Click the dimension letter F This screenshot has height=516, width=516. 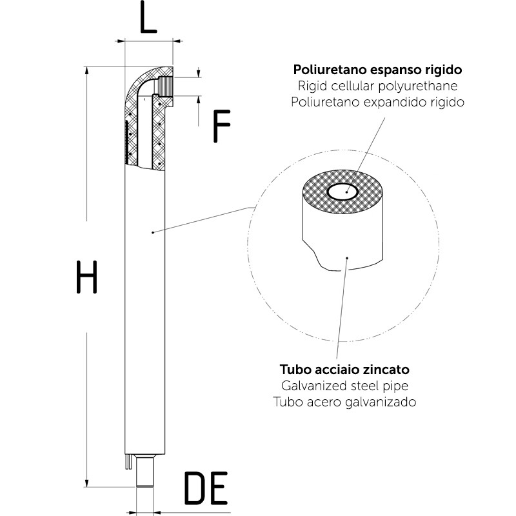(221, 126)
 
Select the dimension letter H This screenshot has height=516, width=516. (86, 277)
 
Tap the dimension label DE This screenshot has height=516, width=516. (206, 488)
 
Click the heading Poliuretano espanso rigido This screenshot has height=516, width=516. (379, 70)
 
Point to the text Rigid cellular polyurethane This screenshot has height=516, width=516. (379, 86)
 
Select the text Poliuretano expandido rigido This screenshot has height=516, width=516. (379, 102)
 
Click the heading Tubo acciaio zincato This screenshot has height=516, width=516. (345, 370)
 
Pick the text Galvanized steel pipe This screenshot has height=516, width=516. (345, 386)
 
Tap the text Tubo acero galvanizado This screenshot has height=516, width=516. (345, 401)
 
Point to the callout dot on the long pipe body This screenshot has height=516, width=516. (150, 232)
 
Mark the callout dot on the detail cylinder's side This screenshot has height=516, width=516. (348, 259)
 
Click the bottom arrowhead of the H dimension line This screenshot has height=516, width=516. (86, 483)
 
